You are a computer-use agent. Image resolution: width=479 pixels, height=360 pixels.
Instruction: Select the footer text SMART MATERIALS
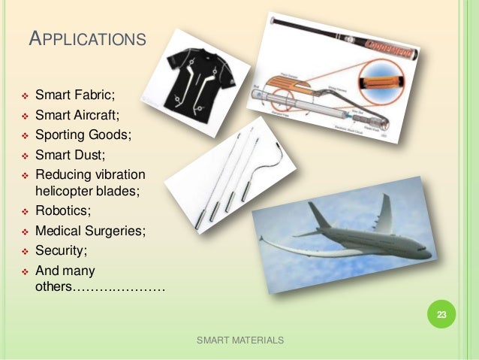pyautogui.click(x=239, y=340)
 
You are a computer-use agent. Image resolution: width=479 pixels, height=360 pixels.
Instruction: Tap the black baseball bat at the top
pyautogui.click(x=345, y=34)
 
